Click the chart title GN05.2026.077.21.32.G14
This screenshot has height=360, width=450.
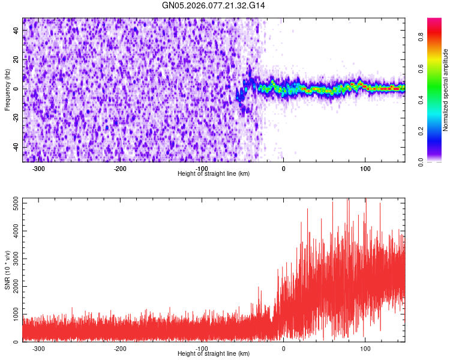pos(214,5)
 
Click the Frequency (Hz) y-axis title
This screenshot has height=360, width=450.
pos(7,90)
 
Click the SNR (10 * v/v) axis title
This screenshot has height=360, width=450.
pos(7,270)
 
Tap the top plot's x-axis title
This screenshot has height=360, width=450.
pos(214,173)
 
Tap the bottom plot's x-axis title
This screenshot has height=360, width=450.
pos(214,353)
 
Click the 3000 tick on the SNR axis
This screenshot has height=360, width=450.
pos(13,259)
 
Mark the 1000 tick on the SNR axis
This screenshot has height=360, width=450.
pos(13,314)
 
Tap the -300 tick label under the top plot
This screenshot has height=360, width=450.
pos(39,169)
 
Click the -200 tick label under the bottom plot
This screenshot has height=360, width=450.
pos(120,349)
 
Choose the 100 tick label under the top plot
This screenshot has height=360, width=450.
pos(365,169)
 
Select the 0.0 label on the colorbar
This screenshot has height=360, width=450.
pos(423,161)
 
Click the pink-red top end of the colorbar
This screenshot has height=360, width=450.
pos(434,21)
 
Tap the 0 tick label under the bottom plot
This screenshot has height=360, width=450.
pos(283,349)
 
